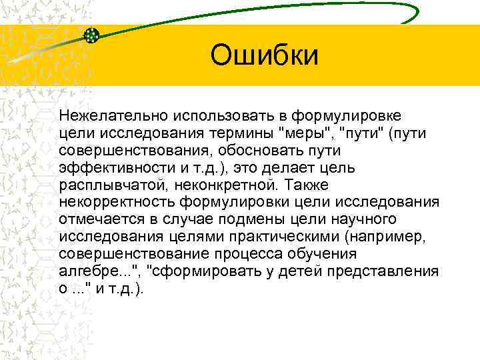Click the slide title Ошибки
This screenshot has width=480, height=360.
(265, 56)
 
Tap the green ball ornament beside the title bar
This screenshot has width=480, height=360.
(92, 35)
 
